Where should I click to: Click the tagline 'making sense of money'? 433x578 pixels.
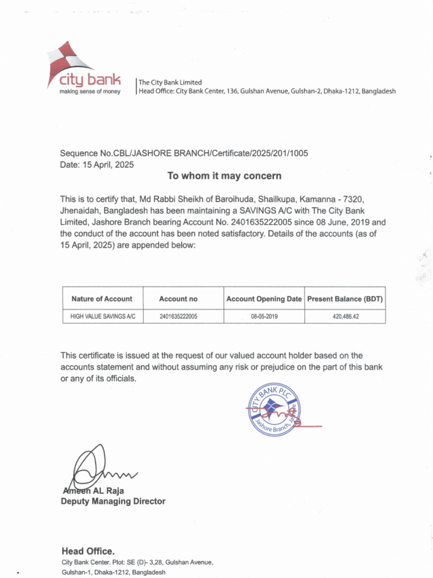coord(90,91)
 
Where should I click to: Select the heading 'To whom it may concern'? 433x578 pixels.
coord(224,176)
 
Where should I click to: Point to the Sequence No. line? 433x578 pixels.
coord(184,154)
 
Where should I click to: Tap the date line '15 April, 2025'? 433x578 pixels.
coord(97,165)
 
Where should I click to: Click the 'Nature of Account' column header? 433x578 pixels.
coord(101,299)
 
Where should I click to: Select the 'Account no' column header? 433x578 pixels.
coord(178,299)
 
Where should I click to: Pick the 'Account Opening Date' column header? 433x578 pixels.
coord(264,299)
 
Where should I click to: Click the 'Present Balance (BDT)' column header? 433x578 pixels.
coord(345,299)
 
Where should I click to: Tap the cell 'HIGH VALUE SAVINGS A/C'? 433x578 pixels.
coord(103,317)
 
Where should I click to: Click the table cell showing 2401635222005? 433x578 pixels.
coord(178,317)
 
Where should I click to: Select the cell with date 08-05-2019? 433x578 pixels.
coord(264,317)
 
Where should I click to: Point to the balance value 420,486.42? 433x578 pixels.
coord(346,317)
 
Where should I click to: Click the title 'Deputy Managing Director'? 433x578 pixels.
coord(113,501)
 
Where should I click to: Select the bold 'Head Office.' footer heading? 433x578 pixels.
coord(88,551)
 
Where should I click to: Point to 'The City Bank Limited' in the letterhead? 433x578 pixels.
coord(170,82)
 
